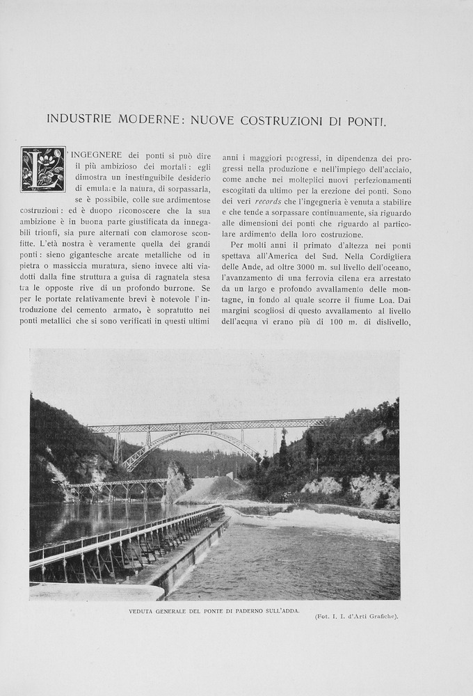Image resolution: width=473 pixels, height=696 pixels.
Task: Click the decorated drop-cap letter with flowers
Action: coord(42,168)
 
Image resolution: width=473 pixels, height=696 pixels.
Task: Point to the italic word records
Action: coord(268,202)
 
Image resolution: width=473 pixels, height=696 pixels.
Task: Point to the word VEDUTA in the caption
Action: coord(143,610)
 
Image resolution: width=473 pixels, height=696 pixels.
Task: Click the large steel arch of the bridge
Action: coord(188,440)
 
